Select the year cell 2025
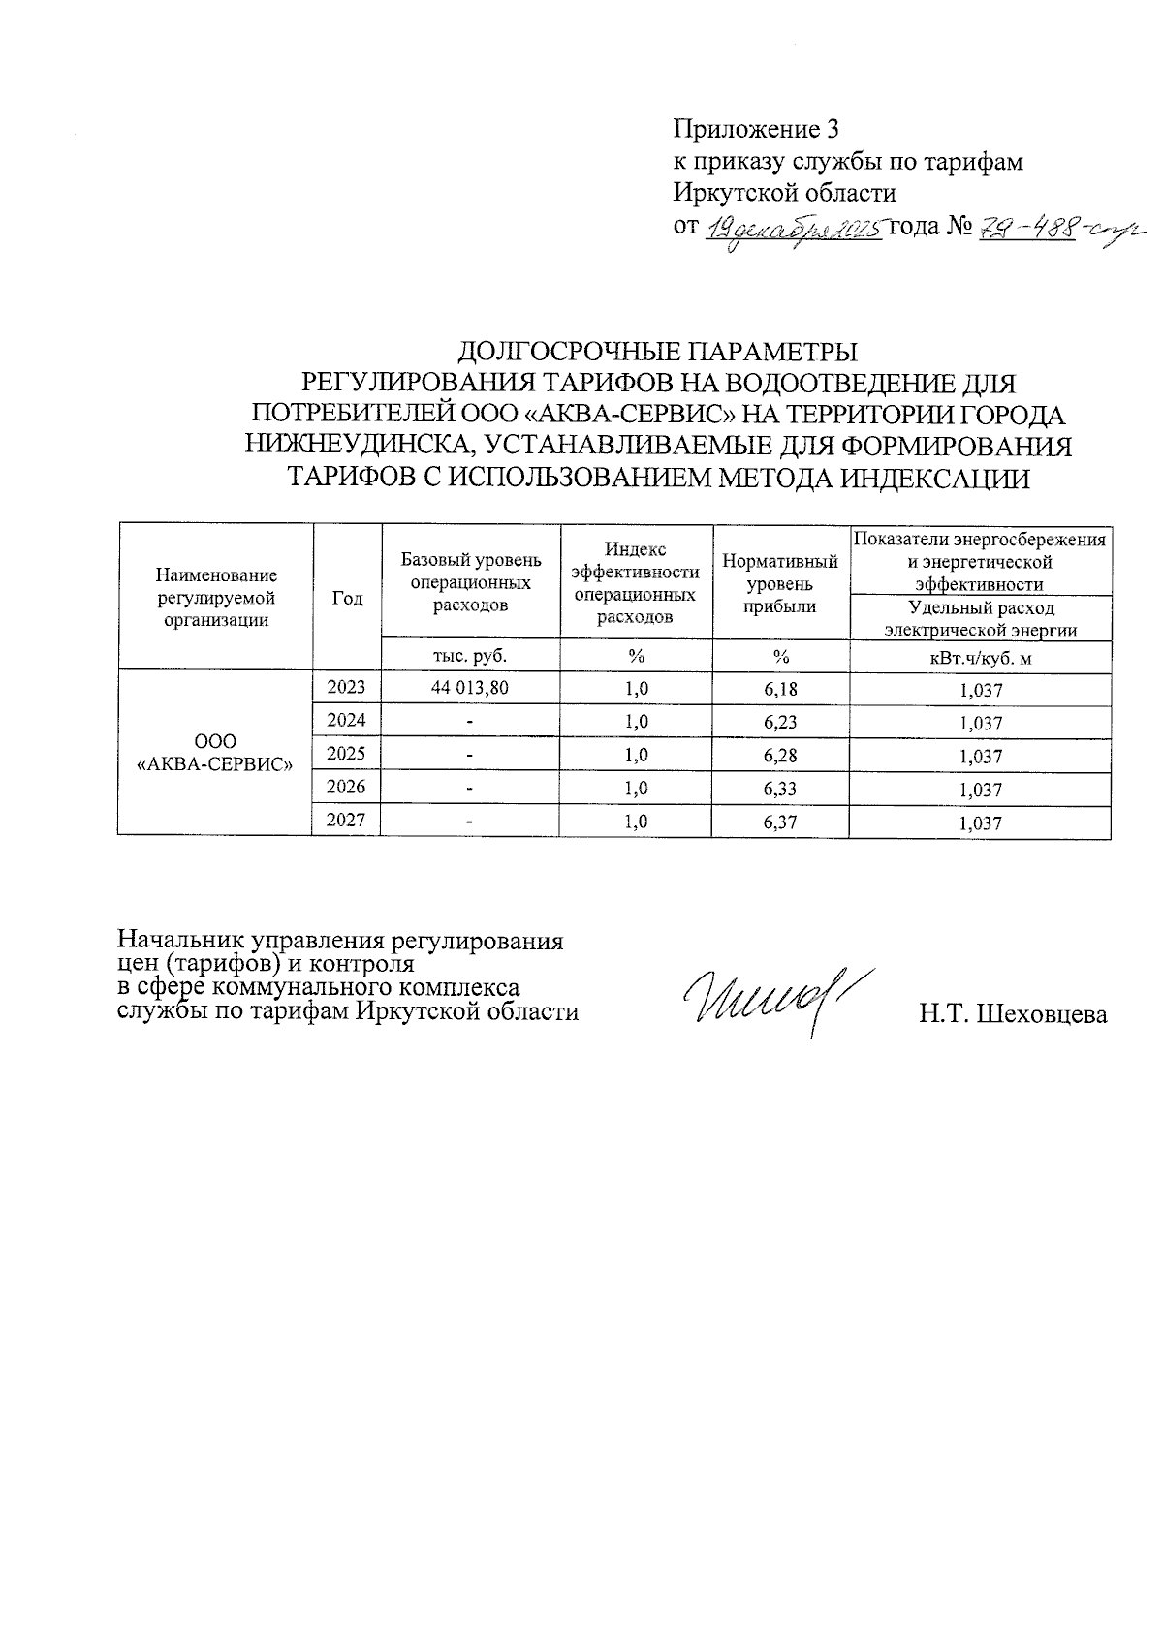coord(346,754)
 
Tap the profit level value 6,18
coord(780,689)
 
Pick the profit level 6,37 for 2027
coord(780,822)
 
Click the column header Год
coord(347,599)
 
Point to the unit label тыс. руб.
coord(470,656)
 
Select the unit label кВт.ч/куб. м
coord(980,659)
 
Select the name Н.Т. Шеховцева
coord(1013,1014)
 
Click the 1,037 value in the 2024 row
coord(980,723)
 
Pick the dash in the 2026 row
coord(470,789)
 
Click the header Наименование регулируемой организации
coord(215,599)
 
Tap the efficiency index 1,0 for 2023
coord(636,689)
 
